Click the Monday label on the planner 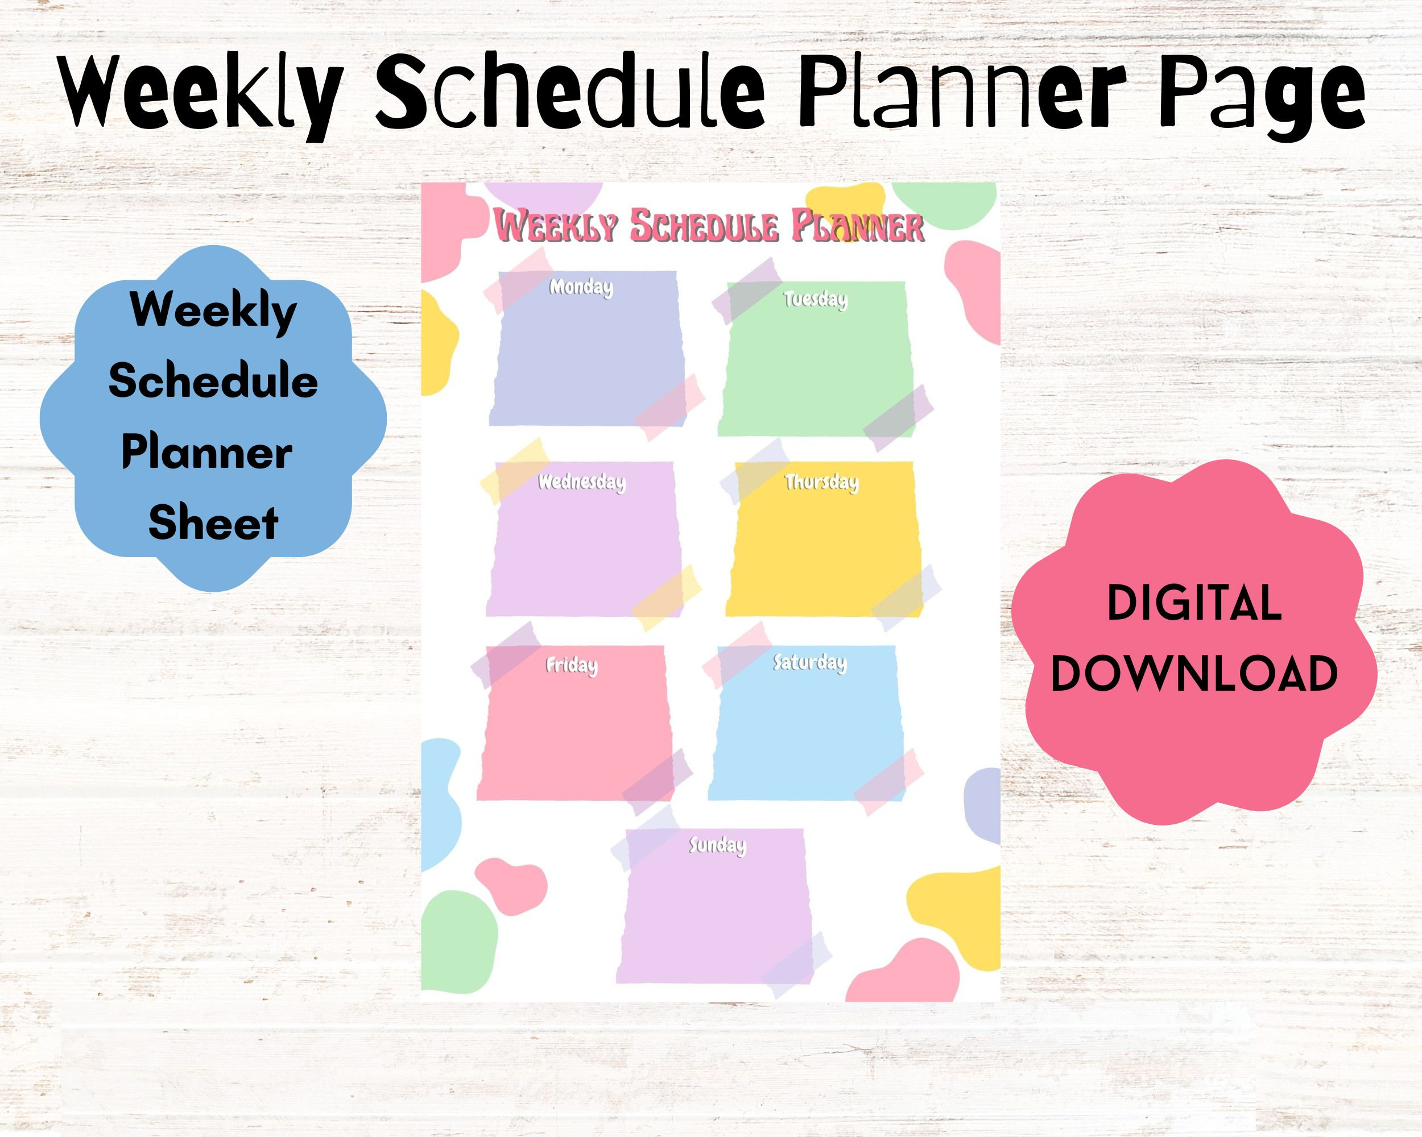pos(581,288)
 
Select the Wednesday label pos(581,482)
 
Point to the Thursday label pos(821,483)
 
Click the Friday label pos(571,665)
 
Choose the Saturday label pos(809,662)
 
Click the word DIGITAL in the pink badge pos(1194,604)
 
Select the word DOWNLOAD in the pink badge pos(1194,674)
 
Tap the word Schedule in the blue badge pos(213,381)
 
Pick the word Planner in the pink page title pos(857,227)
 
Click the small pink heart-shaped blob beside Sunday pos(511,885)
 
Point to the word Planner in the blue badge pos(206,453)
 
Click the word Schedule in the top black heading pos(569,92)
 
